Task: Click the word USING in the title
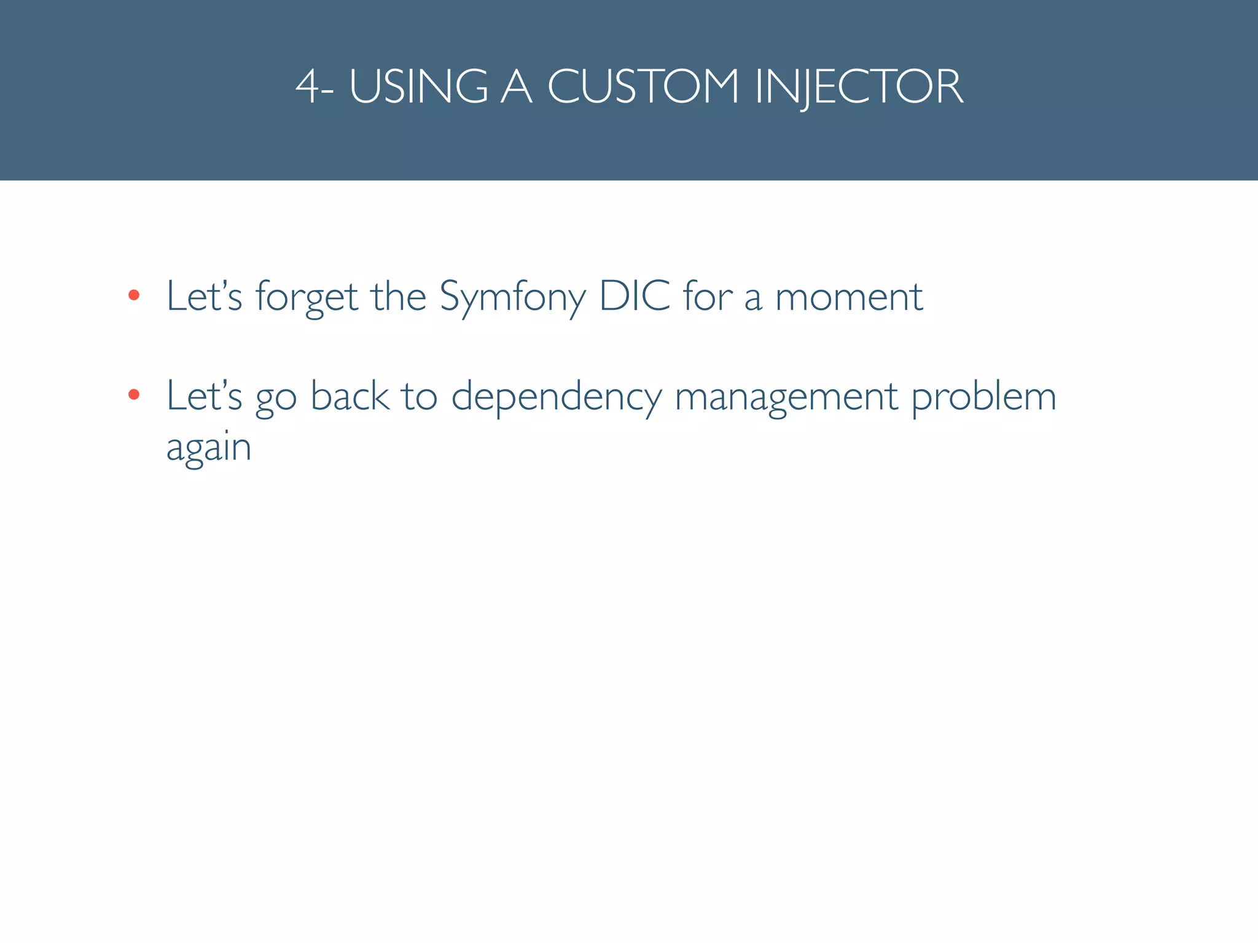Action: (418, 87)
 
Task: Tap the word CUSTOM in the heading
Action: (643, 87)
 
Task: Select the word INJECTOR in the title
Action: (859, 87)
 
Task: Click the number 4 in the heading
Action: (308, 87)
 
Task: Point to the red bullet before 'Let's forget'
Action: (134, 296)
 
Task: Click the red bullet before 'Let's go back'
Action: (134, 395)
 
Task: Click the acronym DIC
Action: (635, 297)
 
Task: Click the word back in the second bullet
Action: (350, 396)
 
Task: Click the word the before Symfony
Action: (399, 297)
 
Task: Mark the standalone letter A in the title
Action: (516, 87)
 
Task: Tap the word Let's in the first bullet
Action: (205, 297)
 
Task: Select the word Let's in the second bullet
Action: (205, 396)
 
